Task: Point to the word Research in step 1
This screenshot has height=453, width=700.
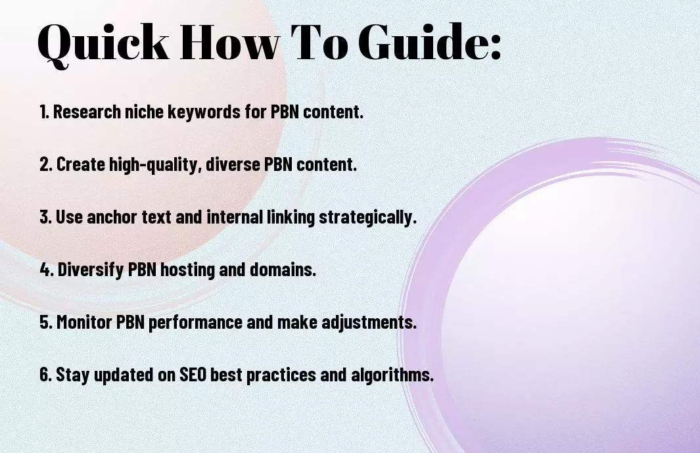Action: (x=87, y=112)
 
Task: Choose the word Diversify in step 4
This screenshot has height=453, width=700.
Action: (x=91, y=270)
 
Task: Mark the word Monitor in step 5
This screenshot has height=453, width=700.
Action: (x=84, y=322)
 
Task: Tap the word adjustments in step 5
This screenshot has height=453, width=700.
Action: (x=369, y=323)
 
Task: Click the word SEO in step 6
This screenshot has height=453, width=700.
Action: (x=193, y=375)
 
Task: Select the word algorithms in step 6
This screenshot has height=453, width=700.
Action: (x=392, y=375)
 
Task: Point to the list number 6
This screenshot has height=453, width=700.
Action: (x=45, y=375)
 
